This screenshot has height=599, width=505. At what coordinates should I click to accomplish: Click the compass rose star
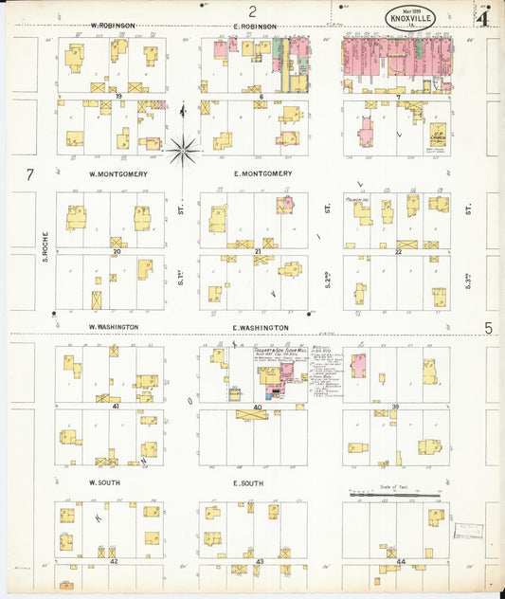pyautogui.click(x=182, y=148)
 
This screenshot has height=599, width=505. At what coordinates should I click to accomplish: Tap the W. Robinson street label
pyautogui.click(x=113, y=26)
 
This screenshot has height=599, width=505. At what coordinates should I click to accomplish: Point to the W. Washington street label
pyautogui.click(x=114, y=326)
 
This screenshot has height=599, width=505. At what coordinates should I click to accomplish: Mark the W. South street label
pyautogui.click(x=106, y=482)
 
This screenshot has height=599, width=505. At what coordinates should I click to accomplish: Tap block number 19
pyautogui.click(x=119, y=96)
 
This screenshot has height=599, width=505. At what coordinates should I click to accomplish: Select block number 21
pyautogui.click(x=258, y=251)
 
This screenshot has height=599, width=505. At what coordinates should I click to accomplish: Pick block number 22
pyautogui.click(x=399, y=251)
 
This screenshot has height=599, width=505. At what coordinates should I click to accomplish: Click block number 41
pyautogui.click(x=116, y=406)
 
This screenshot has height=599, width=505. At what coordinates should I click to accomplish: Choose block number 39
pyautogui.click(x=397, y=406)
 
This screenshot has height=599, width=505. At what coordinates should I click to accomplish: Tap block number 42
pyautogui.click(x=114, y=561)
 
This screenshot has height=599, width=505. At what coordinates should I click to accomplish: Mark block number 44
pyautogui.click(x=401, y=561)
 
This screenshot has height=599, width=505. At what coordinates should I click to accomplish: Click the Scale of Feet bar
pyautogui.click(x=394, y=494)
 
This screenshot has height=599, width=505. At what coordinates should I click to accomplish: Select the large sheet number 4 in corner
pyautogui.click(x=483, y=17)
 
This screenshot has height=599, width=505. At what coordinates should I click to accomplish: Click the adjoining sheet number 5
pyautogui.click(x=489, y=328)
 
